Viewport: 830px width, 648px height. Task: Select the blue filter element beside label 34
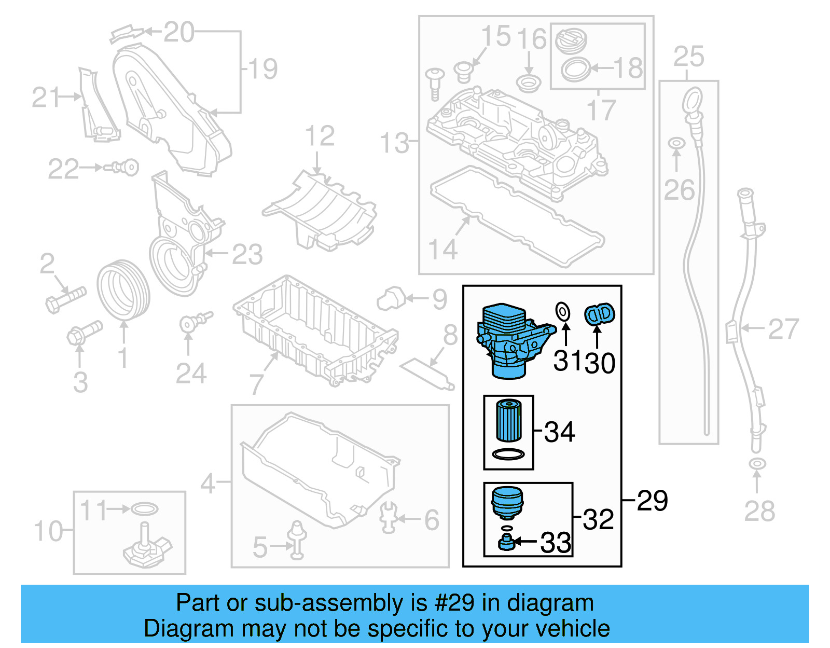508,420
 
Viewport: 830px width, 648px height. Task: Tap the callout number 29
652,501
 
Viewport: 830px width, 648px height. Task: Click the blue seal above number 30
599,314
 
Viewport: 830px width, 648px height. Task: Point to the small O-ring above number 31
563,312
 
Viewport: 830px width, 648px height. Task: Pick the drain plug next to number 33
506,543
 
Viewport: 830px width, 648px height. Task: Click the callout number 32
598,519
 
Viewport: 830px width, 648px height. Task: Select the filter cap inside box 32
507,501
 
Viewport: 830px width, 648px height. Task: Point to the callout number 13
394,143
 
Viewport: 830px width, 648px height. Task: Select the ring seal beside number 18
575,69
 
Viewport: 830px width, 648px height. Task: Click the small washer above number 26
676,143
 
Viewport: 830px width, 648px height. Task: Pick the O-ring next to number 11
144,509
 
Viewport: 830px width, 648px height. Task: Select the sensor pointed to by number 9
392,298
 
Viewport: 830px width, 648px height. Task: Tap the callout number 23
247,254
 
